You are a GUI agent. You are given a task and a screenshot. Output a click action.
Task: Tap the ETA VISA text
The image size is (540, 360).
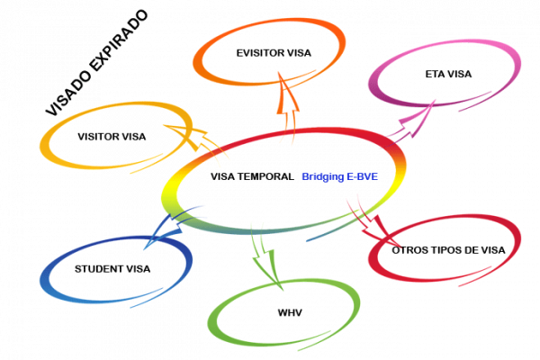click(448, 74)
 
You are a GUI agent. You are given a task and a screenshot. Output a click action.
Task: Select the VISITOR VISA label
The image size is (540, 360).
click(112, 137)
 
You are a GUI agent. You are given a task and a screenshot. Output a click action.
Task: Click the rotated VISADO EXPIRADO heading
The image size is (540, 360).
click(94, 63)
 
